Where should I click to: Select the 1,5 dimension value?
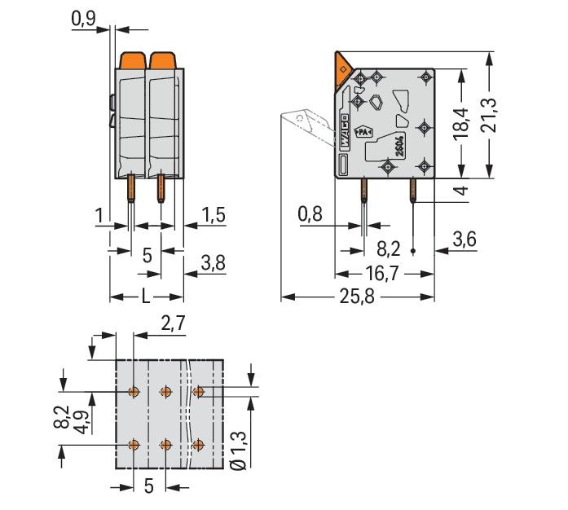coord(214,215)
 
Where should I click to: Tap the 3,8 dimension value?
coord(214,262)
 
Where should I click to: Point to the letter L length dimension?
coord(145,297)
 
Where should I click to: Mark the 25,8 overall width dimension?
coord(356,297)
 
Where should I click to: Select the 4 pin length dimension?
coord(462,191)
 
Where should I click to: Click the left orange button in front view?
coord(132,60)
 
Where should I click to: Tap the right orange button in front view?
coord(161,60)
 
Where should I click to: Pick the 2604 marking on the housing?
coord(399,147)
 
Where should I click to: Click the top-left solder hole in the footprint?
coord(134,393)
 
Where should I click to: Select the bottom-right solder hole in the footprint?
coord(198,445)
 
